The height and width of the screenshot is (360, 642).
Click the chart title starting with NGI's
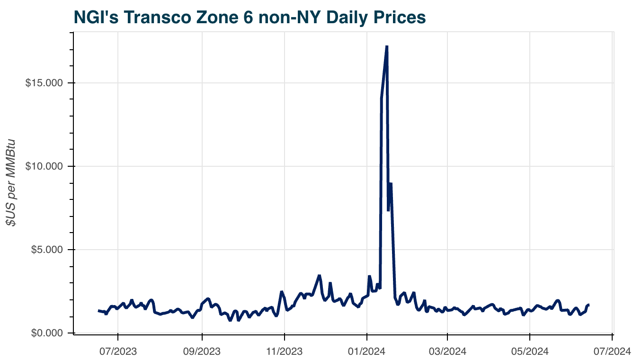pyautogui.click(x=250, y=18)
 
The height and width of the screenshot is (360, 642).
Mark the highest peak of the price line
pyautogui.click(x=387, y=46)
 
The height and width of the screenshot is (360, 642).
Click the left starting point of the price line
pyautogui.click(x=98, y=311)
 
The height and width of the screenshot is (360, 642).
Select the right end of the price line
pyautogui.click(x=588, y=305)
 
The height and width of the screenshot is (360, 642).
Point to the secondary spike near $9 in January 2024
pyautogui.click(x=391, y=183)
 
